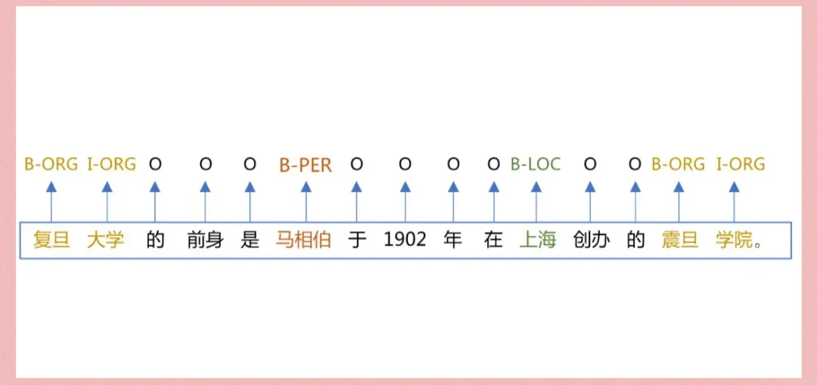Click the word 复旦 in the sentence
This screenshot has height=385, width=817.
(51, 241)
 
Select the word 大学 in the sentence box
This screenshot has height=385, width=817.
(106, 241)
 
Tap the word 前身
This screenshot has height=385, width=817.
(205, 241)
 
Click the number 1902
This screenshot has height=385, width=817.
(405, 241)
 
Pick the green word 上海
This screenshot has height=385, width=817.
(537, 241)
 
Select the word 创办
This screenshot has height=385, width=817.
(591, 241)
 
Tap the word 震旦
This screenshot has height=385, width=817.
(679, 241)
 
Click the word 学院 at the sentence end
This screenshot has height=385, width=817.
(734, 241)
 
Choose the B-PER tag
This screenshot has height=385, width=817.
(305, 165)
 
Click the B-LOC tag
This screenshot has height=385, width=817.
(536, 164)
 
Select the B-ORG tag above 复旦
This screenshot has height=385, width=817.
(51, 164)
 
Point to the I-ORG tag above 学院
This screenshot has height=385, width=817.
(741, 164)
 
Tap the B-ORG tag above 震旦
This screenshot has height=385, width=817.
(678, 164)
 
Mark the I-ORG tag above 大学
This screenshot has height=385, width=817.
(111, 164)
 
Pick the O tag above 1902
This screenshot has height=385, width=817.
(405, 164)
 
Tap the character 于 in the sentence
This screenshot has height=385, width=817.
(357, 241)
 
